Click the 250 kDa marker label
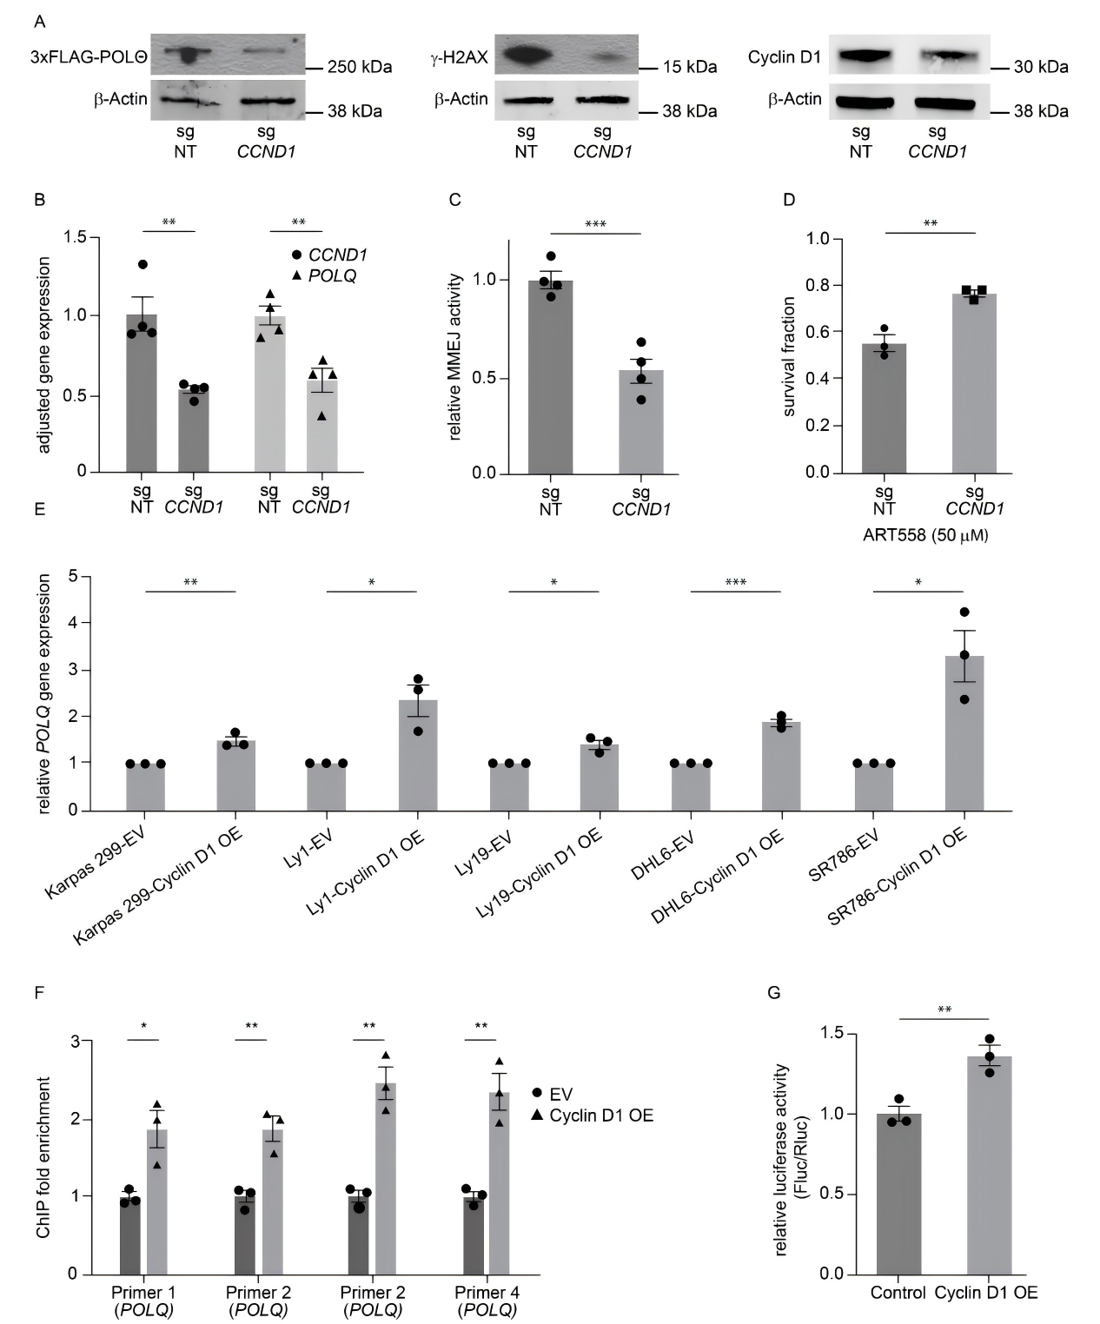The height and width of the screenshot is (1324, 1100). [360, 67]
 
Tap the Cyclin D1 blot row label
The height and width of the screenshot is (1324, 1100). [784, 57]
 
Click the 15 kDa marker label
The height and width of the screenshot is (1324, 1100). [689, 67]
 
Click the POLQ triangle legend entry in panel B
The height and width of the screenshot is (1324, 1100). [323, 275]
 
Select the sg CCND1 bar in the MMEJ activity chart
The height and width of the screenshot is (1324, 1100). [640, 421]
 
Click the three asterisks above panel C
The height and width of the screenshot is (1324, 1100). [595, 225]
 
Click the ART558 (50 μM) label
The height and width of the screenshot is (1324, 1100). [925, 535]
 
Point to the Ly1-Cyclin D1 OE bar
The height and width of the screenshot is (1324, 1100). [418, 754]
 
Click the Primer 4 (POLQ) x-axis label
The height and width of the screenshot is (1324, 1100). [487, 1301]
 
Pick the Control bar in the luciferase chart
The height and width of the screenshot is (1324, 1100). [898, 1193]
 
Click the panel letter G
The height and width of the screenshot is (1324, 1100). [774, 992]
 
